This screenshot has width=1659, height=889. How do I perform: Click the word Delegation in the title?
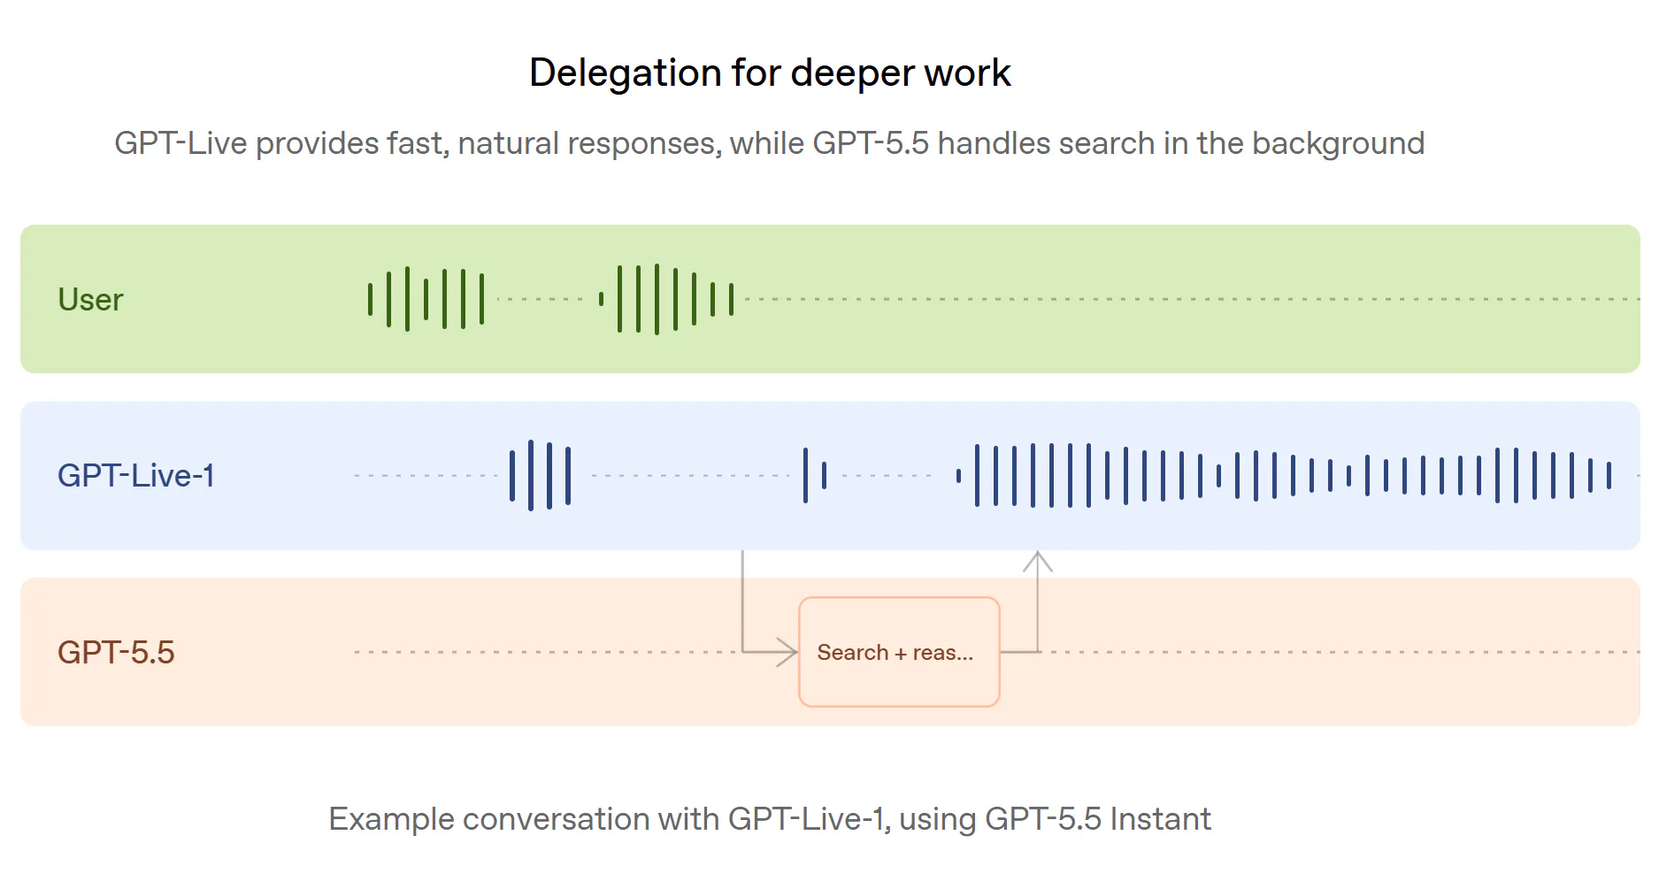coord(625,73)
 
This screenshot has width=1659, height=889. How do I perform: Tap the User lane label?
coord(90,300)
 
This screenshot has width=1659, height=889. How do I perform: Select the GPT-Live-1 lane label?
coord(136,476)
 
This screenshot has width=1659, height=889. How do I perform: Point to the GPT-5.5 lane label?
coord(116,653)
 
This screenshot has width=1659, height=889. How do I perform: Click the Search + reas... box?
coord(899,652)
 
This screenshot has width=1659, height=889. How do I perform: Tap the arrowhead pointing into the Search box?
coord(787,652)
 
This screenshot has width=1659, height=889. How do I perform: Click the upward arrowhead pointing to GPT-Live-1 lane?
coord(1038,561)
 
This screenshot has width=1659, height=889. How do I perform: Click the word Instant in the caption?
coord(1160,819)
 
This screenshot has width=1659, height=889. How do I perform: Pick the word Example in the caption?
coord(391,820)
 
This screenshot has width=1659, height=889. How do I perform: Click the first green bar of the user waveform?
coord(370,299)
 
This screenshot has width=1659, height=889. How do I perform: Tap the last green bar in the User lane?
coord(731,299)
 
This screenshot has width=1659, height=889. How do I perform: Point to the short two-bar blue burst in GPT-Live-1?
coord(814,476)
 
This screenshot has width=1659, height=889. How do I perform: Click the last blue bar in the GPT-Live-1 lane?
coord(1609,476)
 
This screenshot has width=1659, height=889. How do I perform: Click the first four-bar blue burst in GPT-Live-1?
coord(540,476)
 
